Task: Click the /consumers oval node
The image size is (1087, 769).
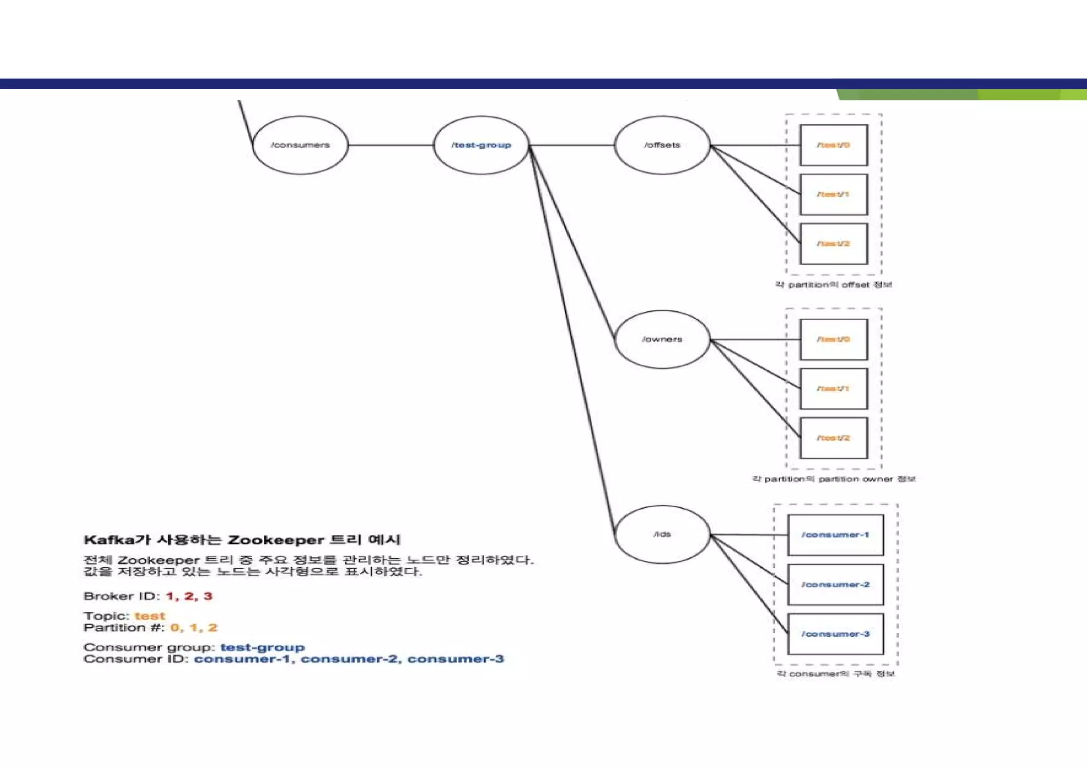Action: (x=300, y=145)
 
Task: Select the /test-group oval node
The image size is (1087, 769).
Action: (x=481, y=145)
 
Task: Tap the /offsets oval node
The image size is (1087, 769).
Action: (x=662, y=145)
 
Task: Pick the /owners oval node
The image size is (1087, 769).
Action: (x=662, y=339)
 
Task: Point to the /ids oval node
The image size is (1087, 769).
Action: (x=662, y=534)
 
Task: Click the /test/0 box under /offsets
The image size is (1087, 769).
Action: (x=833, y=145)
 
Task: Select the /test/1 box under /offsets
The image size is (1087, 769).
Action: (x=833, y=194)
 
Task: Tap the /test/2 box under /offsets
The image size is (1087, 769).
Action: (x=833, y=244)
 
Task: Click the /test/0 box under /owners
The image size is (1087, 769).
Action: (x=833, y=339)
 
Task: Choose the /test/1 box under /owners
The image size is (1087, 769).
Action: (x=833, y=389)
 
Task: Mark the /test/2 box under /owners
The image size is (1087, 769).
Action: (x=833, y=438)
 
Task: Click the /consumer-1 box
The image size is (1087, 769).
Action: (x=835, y=535)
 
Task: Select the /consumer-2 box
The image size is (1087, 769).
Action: (x=835, y=585)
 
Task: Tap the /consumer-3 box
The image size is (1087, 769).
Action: (x=835, y=634)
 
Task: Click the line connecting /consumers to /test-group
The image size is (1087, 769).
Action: (x=391, y=145)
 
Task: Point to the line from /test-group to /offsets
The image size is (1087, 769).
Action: (x=572, y=145)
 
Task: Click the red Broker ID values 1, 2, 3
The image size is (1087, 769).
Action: (x=189, y=596)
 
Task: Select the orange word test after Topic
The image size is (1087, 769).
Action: (x=150, y=616)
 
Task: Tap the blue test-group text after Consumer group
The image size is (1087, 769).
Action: (x=262, y=647)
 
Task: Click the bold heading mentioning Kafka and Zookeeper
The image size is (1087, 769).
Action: (x=242, y=540)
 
